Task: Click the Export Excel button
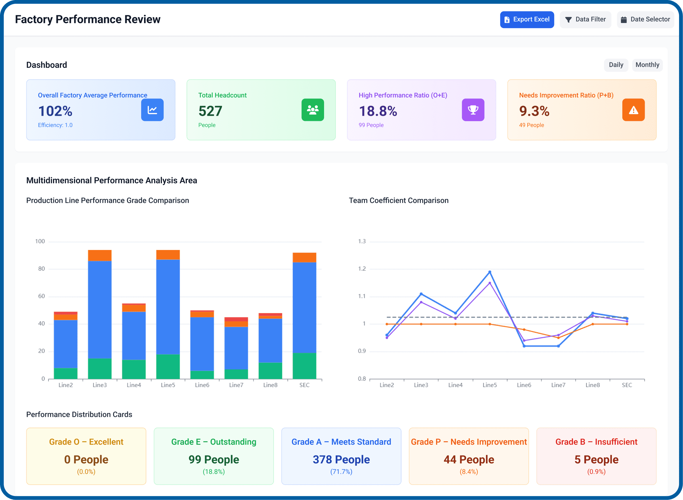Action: tap(527, 20)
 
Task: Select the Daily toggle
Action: tap(616, 65)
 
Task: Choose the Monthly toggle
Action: tap(647, 65)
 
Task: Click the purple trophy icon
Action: tap(473, 110)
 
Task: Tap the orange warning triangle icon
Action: tap(633, 110)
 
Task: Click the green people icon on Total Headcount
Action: tap(312, 110)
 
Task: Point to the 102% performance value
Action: tap(55, 111)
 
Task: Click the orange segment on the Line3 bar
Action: tap(100, 255)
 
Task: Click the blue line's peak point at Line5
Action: tap(490, 272)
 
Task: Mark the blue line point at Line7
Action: tap(558, 346)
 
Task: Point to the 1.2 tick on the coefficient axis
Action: tap(361, 269)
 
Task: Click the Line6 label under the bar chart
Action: tap(202, 385)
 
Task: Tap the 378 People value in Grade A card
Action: tap(341, 459)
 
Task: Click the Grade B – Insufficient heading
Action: tap(596, 442)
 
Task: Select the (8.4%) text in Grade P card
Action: tap(468, 472)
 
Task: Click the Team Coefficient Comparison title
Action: tap(399, 200)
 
